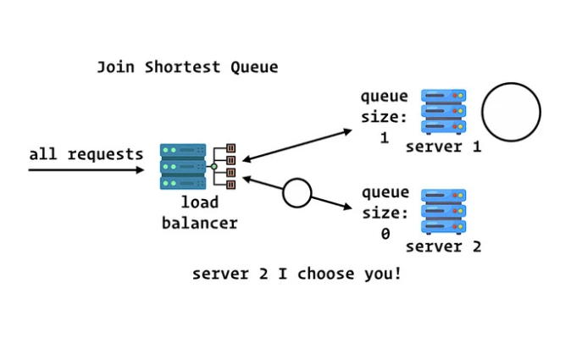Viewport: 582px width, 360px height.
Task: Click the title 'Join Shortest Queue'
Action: (x=186, y=67)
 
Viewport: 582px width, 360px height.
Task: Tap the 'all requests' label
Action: (x=86, y=154)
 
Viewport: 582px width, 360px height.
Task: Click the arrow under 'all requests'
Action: (x=86, y=170)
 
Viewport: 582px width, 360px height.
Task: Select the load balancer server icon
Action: (x=183, y=166)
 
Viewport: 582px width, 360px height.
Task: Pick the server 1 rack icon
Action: (x=443, y=111)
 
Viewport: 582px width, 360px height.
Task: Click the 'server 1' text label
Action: (x=443, y=147)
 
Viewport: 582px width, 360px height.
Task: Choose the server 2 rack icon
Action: (x=443, y=212)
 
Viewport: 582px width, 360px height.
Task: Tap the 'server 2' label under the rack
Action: (x=443, y=246)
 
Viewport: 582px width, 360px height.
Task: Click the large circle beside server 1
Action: (x=511, y=112)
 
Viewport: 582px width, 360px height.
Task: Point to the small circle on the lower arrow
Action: (x=297, y=193)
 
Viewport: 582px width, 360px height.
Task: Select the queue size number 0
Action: (x=385, y=235)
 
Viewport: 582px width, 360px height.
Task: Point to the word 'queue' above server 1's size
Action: (x=384, y=97)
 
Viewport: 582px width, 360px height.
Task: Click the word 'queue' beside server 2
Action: (x=385, y=193)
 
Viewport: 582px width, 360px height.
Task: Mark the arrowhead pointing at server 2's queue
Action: (x=346, y=207)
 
